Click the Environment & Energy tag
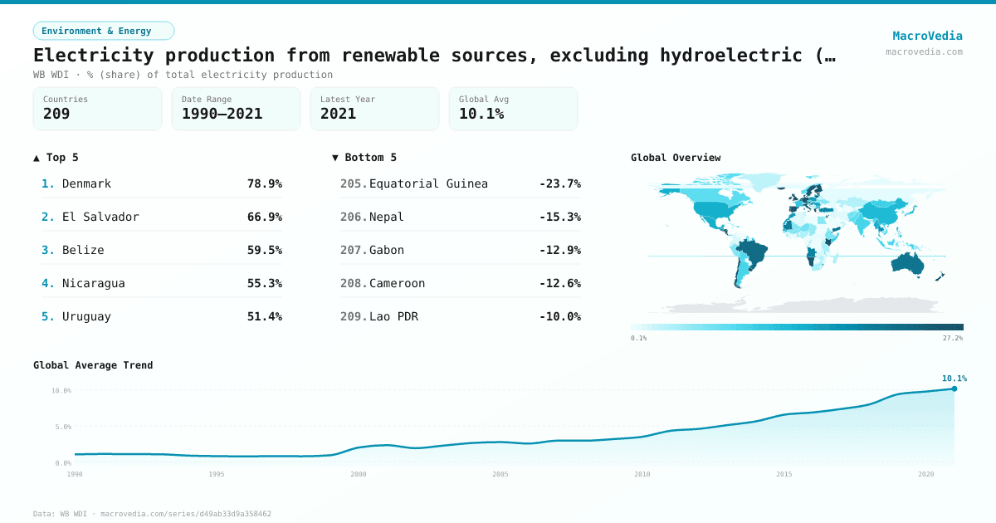(x=104, y=31)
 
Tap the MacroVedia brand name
(x=927, y=36)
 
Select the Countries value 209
(x=56, y=114)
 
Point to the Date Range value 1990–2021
(x=222, y=114)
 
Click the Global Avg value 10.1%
(x=481, y=114)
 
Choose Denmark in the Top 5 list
(x=86, y=183)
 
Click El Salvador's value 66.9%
(x=264, y=217)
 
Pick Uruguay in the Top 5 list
(x=86, y=316)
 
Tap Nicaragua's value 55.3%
(x=264, y=283)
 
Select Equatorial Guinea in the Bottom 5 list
(x=428, y=183)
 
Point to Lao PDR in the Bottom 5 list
(x=393, y=316)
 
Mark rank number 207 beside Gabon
(x=353, y=250)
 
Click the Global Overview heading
(x=676, y=158)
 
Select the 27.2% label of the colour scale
(x=952, y=338)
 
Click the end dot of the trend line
(x=954, y=389)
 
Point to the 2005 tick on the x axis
(x=500, y=474)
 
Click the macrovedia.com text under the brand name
(x=924, y=51)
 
